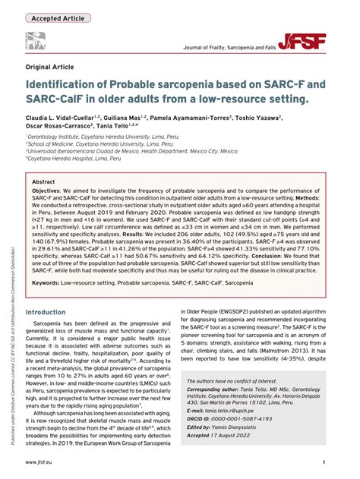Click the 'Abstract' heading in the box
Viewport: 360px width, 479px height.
pos(44,183)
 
